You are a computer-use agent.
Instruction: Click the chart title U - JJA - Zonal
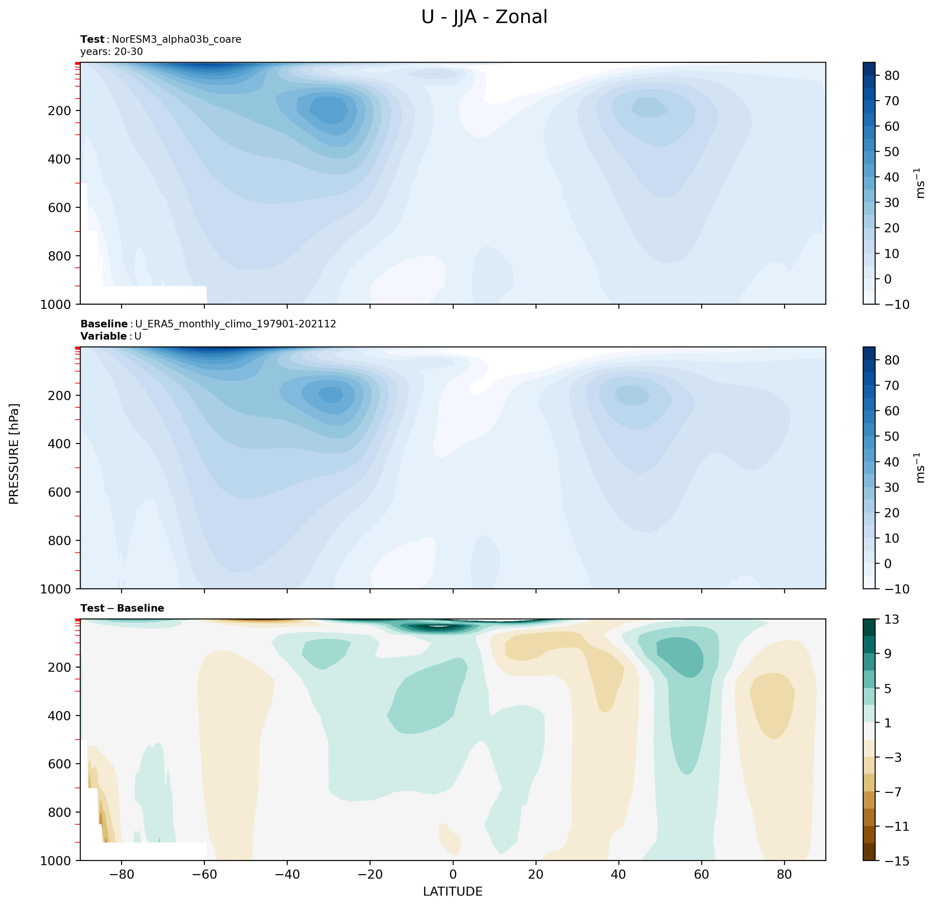click(484, 17)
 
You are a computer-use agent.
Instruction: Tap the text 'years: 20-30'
click(111, 51)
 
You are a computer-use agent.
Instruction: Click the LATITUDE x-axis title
click(452, 891)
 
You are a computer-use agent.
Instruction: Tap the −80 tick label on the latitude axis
click(121, 874)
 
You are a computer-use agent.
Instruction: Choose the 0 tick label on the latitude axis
click(453, 874)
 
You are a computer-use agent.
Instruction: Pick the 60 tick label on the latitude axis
click(701, 874)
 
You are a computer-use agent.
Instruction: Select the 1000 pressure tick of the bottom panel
click(56, 861)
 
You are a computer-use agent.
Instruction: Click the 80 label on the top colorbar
click(891, 75)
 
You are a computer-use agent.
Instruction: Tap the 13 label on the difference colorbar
click(891, 620)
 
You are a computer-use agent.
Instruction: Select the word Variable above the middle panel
click(103, 336)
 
